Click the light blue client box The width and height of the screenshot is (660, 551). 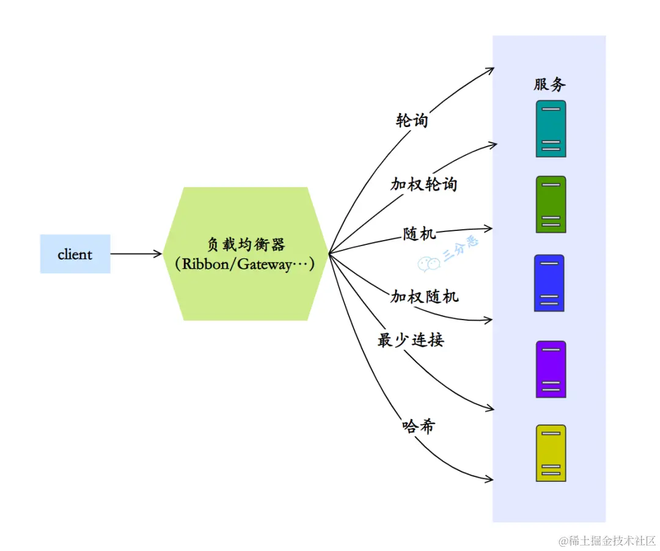75,254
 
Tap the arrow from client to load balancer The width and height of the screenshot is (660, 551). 136,254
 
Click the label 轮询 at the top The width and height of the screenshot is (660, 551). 412,120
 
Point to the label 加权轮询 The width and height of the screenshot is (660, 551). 424,184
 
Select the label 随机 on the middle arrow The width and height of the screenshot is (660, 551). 419,233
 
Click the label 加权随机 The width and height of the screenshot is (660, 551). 424,297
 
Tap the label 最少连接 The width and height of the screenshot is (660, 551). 410,340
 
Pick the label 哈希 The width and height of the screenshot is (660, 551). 419,426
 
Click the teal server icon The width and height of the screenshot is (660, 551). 551,129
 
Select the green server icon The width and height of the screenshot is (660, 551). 551,205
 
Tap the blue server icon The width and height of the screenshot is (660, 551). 549,283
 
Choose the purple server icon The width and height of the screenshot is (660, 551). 551,370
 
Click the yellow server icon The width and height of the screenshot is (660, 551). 551,453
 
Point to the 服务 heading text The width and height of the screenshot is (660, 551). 549,85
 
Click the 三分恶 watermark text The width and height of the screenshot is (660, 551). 461,249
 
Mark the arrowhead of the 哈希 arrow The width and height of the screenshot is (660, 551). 489,480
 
